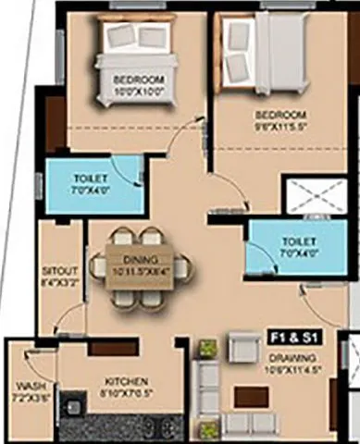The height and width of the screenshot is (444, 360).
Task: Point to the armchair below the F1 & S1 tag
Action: (244, 349)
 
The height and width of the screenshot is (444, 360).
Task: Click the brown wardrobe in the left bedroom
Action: (55, 124)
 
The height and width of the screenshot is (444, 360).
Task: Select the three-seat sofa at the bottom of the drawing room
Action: (251, 425)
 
